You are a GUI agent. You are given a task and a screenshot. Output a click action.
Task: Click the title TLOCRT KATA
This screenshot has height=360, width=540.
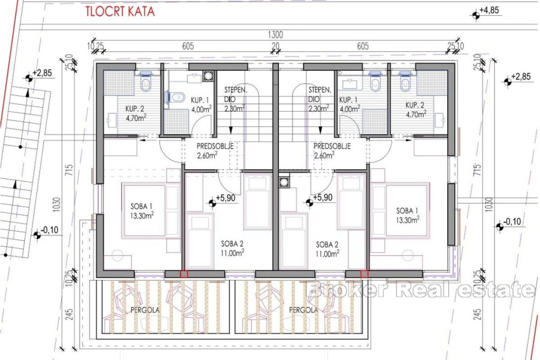point(120,12)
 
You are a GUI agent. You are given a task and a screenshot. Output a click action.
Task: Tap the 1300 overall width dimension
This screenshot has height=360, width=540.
point(275,35)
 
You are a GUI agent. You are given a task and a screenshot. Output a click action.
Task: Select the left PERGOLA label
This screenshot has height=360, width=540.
point(145,310)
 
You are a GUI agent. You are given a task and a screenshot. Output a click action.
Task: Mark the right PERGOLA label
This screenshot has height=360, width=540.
point(303,310)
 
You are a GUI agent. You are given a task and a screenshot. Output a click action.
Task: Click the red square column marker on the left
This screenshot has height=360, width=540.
point(184,274)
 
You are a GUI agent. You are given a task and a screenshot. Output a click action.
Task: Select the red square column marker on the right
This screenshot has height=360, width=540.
point(364,274)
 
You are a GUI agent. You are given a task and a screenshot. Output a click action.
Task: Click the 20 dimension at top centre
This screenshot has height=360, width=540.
point(275,46)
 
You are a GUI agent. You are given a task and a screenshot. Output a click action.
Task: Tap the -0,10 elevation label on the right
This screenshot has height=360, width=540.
point(512,221)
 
